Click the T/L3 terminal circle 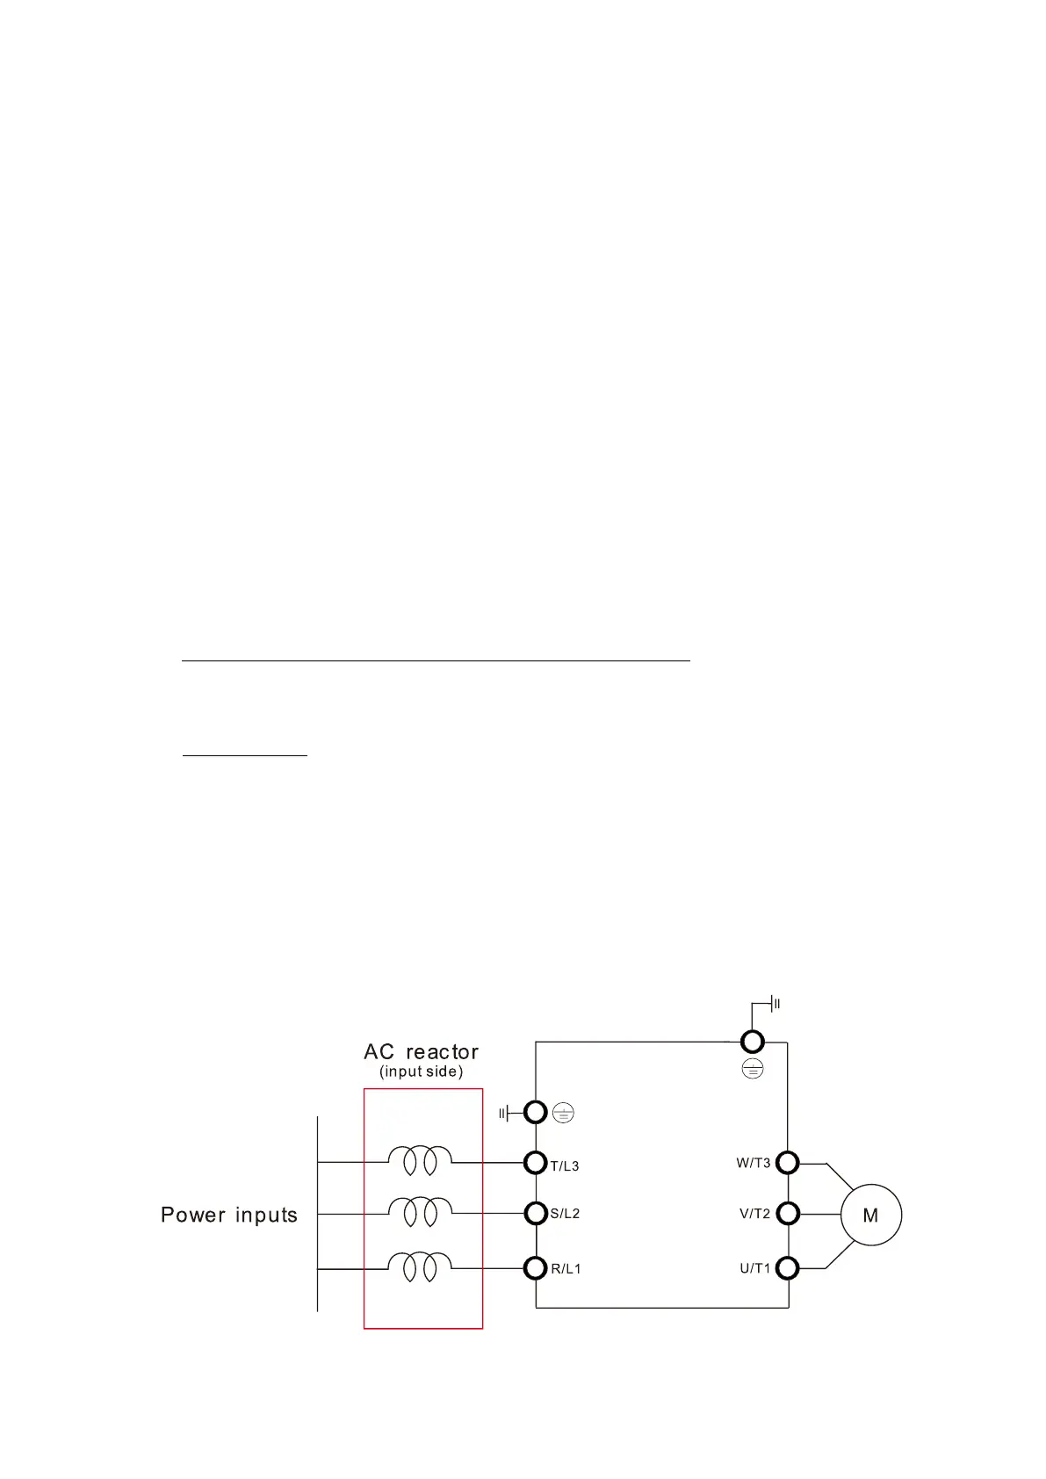tap(536, 1163)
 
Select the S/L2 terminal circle tap(536, 1214)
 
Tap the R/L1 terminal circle tap(536, 1268)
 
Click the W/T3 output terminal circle tap(788, 1163)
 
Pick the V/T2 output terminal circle tap(788, 1214)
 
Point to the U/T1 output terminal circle tap(788, 1268)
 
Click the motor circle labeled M tap(870, 1215)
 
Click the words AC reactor tap(421, 1051)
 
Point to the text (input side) tap(421, 1071)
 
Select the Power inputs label tap(229, 1216)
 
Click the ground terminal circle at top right tap(753, 1042)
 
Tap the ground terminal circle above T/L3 tap(536, 1113)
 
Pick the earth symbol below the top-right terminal tap(753, 1069)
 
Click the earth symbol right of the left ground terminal tap(563, 1114)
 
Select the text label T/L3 tap(565, 1166)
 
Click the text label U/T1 tap(754, 1268)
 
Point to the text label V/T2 tap(754, 1214)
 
